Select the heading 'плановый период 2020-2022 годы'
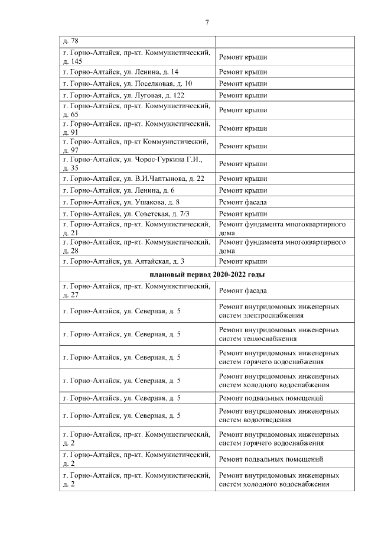[207, 275]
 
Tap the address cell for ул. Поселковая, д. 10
[127, 83]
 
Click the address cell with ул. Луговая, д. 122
[127, 95]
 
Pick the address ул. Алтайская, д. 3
[127, 261]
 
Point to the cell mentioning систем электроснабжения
[279, 312]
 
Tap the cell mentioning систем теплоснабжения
[279, 334]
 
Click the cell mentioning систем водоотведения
[279, 416]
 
